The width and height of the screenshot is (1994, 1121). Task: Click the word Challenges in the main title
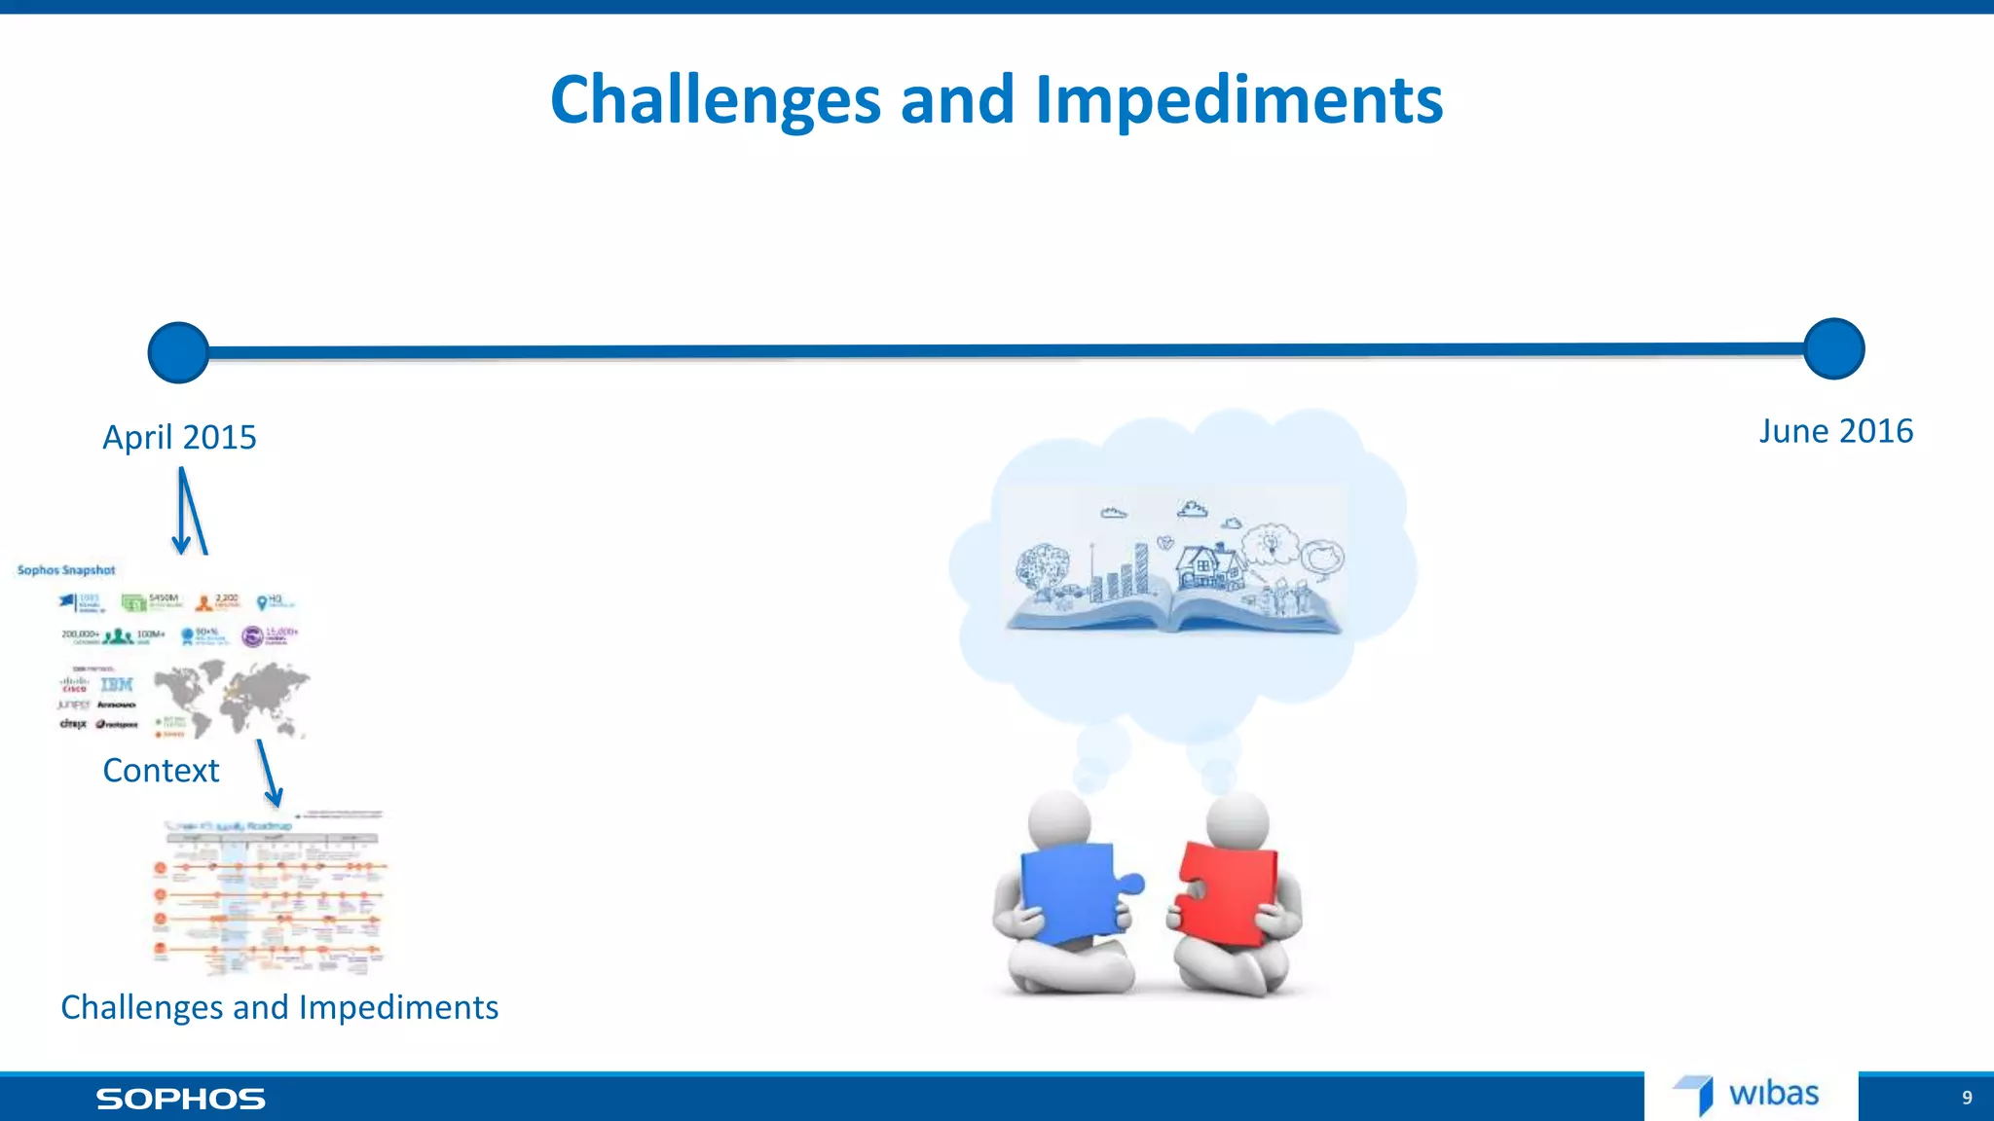pyautogui.click(x=716, y=100)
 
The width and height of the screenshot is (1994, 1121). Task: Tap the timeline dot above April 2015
pyautogui.click(x=178, y=352)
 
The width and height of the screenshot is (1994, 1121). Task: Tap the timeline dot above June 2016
pyautogui.click(x=1833, y=348)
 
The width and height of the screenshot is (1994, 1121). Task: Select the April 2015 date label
pyautogui.click(x=179, y=437)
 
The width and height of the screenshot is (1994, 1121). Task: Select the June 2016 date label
pyautogui.click(x=1835, y=431)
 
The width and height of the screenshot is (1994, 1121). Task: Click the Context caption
pyautogui.click(x=161, y=771)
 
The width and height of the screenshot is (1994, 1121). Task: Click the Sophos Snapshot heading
pyautogui.click(x=66, y=570)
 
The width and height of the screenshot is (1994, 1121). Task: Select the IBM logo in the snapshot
pyautogui.click(x=117, y=685)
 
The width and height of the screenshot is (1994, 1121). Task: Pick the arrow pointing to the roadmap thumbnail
pyautogui.click(x=269, y=774)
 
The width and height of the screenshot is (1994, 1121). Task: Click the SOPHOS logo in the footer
pyautogui.click(x=180, y=1100)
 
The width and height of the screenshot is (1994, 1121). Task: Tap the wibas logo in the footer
pyautogui.click(x=1748, y=1095)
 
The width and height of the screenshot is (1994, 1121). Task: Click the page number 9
pyautogui.click(x=1967, y=1098)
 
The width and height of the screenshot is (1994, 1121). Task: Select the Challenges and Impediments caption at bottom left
pyautogui.click(x=279, y=1007)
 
